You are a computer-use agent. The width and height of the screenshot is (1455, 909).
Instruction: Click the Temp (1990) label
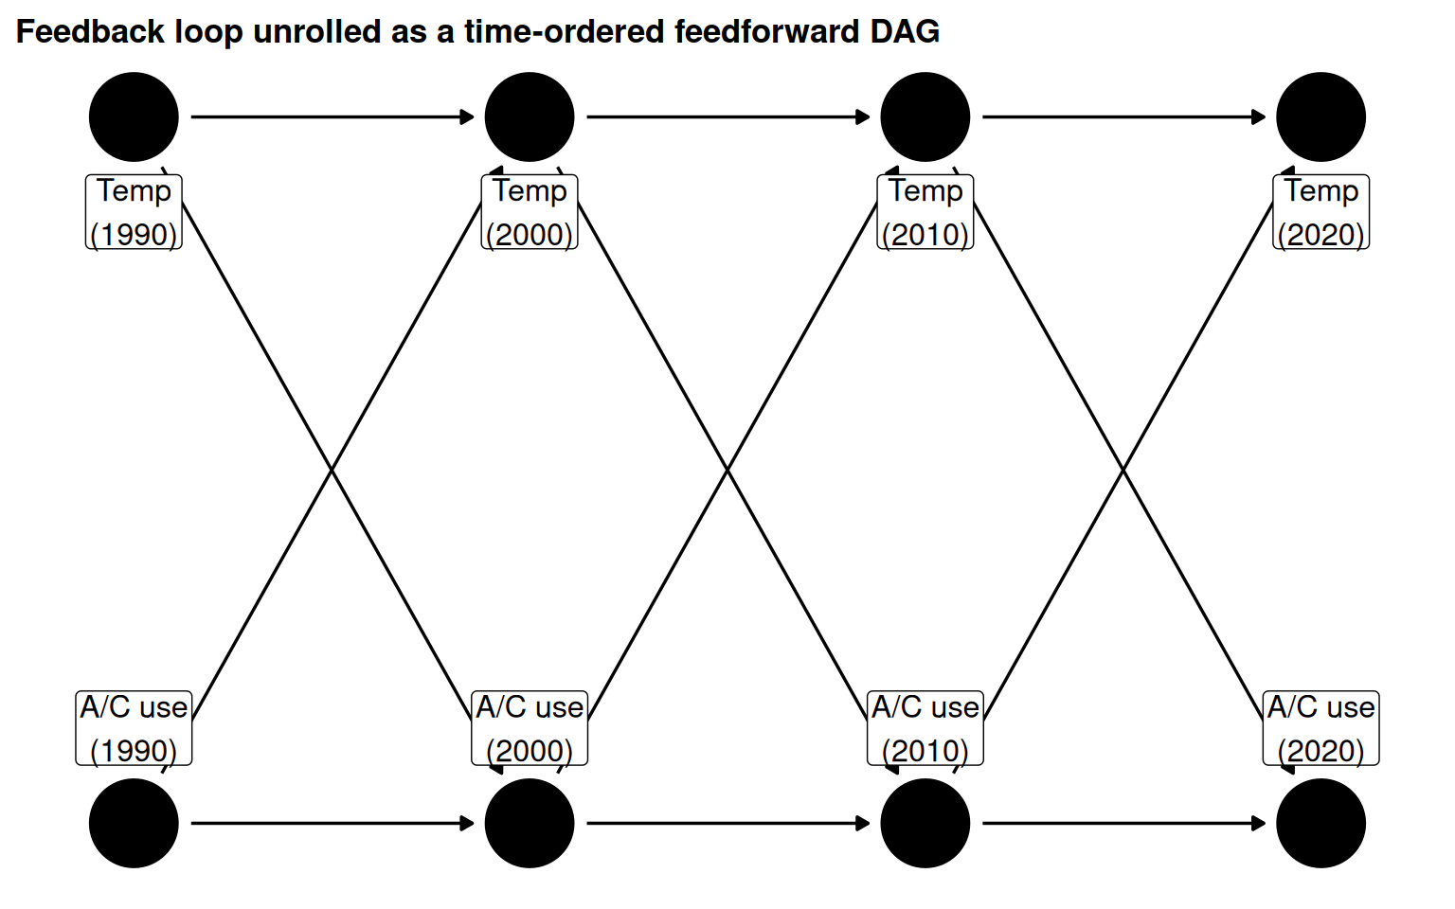coord(134,212)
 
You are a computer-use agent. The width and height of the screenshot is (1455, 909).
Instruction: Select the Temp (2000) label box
coord(530,212)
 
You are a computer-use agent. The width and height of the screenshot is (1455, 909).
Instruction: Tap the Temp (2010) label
coord(925,212)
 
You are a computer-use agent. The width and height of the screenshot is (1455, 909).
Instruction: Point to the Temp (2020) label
coord(1320,212)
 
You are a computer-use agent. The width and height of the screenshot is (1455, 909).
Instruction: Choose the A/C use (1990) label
coord(134,728)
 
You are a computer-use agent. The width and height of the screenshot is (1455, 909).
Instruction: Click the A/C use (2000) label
coord(530,728)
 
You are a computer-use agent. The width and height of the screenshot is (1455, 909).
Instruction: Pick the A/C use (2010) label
coord(925,728)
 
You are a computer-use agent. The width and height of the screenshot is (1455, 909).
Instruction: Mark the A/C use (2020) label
coord(1320,728)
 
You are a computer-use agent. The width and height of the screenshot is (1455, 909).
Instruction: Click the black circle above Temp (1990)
coord(134,117)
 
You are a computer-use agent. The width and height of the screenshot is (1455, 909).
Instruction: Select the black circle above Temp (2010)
coord(925,117)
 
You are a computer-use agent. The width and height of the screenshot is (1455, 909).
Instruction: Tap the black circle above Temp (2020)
coord(1320,117)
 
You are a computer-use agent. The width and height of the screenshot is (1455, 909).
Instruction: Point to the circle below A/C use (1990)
coord(134,823)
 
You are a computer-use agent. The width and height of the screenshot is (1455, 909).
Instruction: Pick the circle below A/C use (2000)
coord(530,823)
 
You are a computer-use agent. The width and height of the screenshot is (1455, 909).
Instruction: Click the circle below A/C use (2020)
coord(1320,823)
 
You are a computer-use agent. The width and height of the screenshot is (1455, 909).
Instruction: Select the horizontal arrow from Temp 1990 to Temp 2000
coord(332,117)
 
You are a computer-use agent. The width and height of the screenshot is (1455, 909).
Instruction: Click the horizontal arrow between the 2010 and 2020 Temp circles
coord(1123,117)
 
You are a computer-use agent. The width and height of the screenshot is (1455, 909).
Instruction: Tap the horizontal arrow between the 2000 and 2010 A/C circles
coord(727,823)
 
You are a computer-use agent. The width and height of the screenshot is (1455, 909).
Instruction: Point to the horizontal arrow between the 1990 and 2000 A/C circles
coord(332,823)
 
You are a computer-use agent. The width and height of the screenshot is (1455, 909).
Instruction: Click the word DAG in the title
coord(905,32)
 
